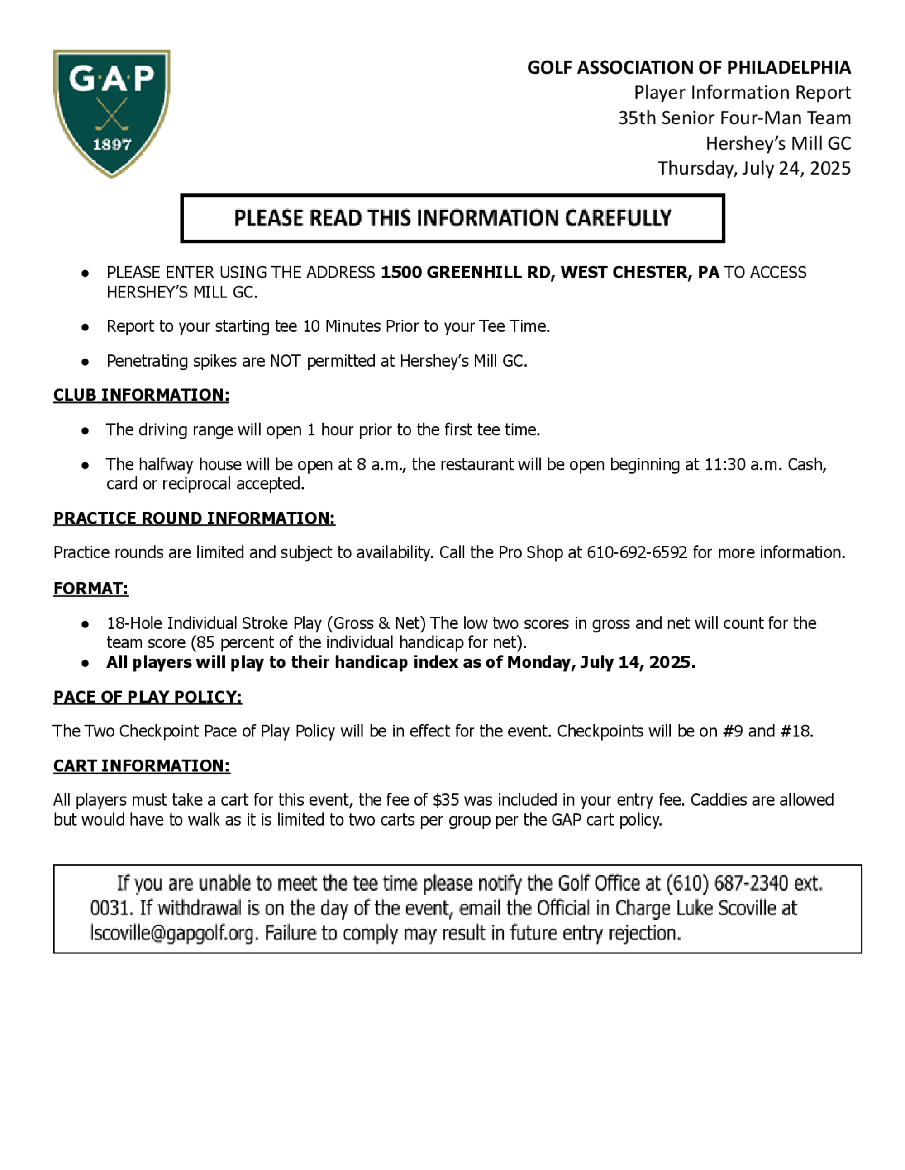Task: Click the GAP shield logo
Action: point(111,113)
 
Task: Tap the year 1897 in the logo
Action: point(112,145)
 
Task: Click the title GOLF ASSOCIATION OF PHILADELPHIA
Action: point(689,68)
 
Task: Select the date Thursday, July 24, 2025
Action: point(754,168)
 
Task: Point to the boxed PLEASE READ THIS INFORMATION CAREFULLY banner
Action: point(452,218)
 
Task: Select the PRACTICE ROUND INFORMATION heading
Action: point(194,518)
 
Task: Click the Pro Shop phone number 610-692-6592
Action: point(637,552)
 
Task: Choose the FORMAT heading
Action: point(90,588)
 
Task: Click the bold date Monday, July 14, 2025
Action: point(600,663)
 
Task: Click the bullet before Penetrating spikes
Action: point(85,362)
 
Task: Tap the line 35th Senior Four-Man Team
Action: point(734,118)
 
